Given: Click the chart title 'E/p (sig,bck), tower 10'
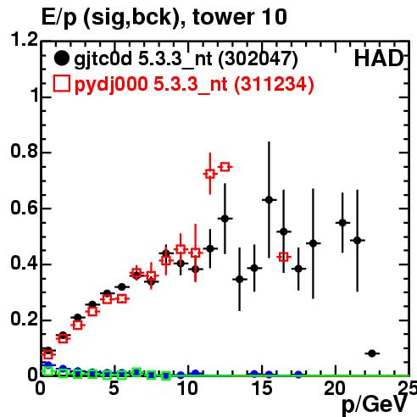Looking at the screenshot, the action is (x=164, y=18).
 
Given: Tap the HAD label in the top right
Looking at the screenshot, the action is (x=379, y=58).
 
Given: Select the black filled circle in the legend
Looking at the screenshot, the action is (x=61, y=58).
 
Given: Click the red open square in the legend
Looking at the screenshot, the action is (x=61, y=84).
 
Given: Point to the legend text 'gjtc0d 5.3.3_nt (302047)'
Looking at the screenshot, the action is (x=186, y=59).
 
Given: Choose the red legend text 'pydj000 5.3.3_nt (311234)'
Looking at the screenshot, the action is (x=194, y=85).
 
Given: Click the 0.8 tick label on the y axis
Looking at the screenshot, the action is (x=25, y=151).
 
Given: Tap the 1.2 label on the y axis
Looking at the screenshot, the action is (x=25, y=40).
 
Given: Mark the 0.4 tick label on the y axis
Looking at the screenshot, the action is (x=25, y=263).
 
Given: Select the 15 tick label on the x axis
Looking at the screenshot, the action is (x=263, y=388).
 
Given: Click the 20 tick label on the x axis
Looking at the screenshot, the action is (x=335, y=388).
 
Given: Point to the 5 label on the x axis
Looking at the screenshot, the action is (x=114, y=388).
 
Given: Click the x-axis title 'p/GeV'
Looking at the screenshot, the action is (x=375, y=404).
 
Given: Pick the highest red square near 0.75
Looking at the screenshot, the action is (x=225, y=167).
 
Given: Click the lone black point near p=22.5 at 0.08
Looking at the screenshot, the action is (x=372, y=353).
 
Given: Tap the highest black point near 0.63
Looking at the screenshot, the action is (x=269, y=200).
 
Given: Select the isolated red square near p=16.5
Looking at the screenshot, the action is (x=284, y=257).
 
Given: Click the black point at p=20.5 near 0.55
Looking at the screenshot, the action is (x=342, y=223).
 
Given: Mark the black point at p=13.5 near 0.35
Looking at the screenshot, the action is (x=240, y=280).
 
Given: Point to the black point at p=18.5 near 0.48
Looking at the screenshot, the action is (x=313, y=243).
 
